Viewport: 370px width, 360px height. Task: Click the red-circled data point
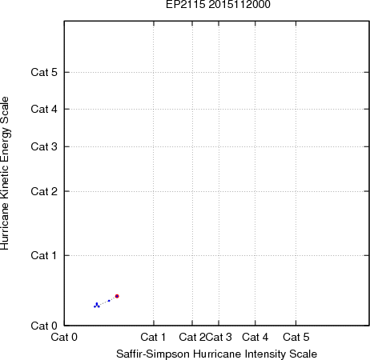pos(117,296)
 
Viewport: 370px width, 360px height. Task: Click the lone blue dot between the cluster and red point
pos(109,301)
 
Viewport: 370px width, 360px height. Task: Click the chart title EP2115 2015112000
pos(218,5)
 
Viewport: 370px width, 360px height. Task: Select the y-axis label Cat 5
pos(44,72)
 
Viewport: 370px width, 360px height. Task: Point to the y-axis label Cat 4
pos(44,109)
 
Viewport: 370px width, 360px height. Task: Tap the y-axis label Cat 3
pos(44,146)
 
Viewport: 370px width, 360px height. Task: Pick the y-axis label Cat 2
pos(44,191)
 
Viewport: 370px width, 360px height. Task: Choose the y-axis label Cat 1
pos(44,255)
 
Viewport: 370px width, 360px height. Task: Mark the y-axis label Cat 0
pos(44,326)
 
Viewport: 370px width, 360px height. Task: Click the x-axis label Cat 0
pos(64,337)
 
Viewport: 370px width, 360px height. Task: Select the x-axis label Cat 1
pos(153,337)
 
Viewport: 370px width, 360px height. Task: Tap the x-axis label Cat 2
pos(192,337)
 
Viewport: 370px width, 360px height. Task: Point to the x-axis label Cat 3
pos(219,337)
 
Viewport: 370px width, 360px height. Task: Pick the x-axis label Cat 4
pos(255,337)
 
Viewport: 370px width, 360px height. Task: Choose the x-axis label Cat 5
pos(296,337)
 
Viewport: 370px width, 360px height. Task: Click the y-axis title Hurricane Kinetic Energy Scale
pos(5,174)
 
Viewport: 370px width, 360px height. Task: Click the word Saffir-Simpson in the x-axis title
pos(153,354)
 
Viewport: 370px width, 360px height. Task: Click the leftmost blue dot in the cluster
pos(95,306)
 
